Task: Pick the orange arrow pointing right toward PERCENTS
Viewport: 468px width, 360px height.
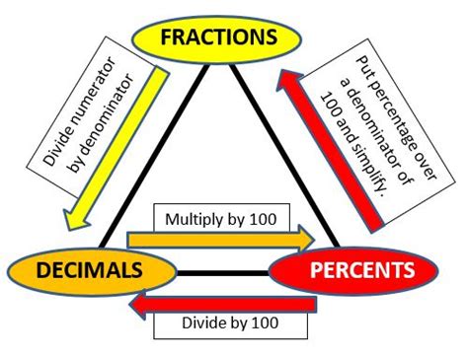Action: tap(217, 237)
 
